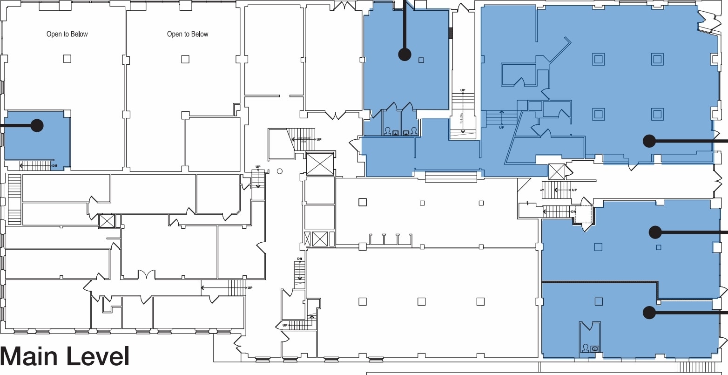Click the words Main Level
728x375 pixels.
(x=65, y=357)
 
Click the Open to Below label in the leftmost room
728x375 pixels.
(x=67, y=34)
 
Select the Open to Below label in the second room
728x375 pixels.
(x=188, y=34)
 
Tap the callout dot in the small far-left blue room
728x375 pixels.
(x=37, y=125)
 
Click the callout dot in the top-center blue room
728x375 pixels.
(x=404, y=55)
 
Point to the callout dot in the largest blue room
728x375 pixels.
(x=649, y=141)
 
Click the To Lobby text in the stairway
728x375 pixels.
(x=463, y=120)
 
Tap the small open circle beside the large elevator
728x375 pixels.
(x=280, y=171)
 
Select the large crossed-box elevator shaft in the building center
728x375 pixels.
(x=320, y=164)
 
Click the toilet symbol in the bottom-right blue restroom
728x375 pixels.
(x=585, y=348)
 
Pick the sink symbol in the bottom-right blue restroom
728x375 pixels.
(x=594, y=348)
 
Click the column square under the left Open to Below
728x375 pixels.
(x=67, y=59)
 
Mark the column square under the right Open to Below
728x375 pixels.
(x=185, y=59)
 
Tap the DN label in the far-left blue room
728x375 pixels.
(x=54, y=166)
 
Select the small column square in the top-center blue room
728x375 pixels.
(x=421, y=60)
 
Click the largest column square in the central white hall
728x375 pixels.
(x=363, y=202)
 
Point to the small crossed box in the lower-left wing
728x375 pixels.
(x=107, y=221)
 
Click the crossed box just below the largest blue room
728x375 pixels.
(x=557, y=171)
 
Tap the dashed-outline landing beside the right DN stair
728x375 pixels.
(x=584, y=215)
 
